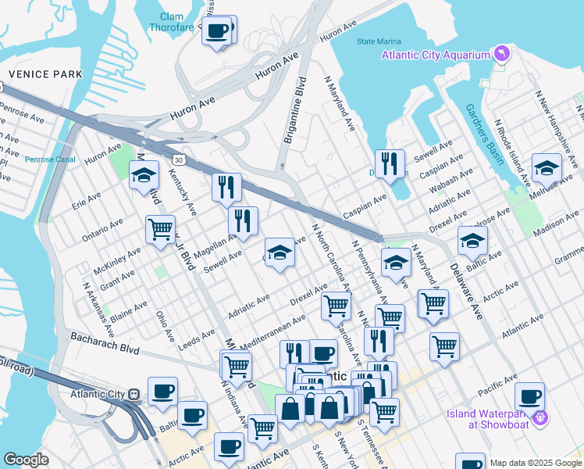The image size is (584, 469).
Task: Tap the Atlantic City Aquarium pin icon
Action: tap(500, 54)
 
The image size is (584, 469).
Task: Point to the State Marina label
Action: tap(379, 41)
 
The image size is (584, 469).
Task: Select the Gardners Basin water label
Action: tap(484, 134)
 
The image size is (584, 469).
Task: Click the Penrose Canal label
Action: tap(50, 159)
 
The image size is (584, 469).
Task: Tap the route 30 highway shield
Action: tap(180, 159)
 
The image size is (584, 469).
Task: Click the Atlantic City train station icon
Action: tap(134, 394)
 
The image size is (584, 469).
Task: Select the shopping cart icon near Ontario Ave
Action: tap(160, 229)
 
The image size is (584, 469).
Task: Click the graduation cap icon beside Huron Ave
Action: tap(144, 175)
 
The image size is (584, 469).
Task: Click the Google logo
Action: tap(26, 460)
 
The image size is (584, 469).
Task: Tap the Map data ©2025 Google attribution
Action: tap(535, 463)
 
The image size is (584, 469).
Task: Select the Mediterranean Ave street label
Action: tap(272, 332)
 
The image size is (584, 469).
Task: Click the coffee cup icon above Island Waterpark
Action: tap(529, 396)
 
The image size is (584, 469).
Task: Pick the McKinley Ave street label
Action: tap(116, 262)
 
